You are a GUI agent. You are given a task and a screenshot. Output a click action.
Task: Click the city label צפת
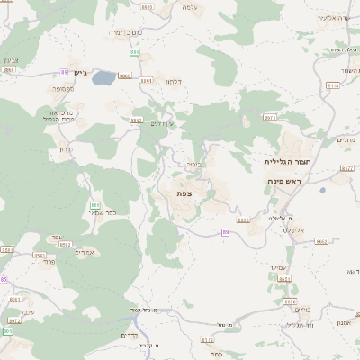(184, 193)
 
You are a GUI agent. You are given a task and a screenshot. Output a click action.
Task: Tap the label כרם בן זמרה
(126, 32)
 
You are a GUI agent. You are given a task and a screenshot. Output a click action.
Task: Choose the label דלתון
(175, 82)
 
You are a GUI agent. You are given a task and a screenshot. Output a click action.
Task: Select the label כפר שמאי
(116, 213)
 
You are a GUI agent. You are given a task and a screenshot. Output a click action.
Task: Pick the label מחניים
(345, 140)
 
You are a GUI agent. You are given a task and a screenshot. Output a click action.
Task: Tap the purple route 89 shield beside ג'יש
(65, 72)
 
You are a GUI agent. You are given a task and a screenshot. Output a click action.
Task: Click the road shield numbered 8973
(270, 118)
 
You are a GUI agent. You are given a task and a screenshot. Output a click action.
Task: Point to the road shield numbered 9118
(333, 85)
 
